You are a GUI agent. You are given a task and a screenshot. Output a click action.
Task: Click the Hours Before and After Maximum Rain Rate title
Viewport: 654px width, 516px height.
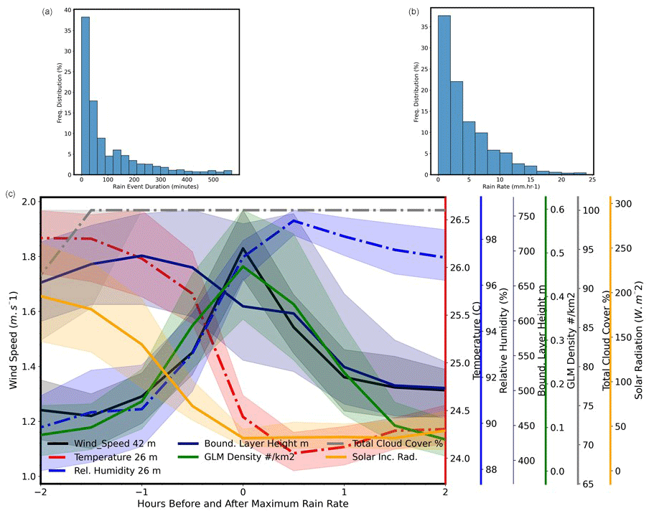(x=243, y=504)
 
